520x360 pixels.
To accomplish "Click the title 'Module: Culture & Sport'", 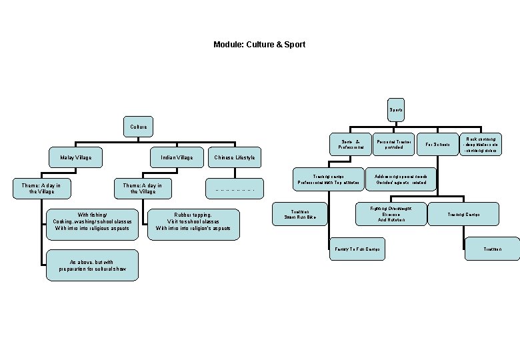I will pos(259,45).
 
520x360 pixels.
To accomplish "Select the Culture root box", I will pos(139,126).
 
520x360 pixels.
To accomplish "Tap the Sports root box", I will pos(395,110).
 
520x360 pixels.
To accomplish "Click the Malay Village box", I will pos(75,157).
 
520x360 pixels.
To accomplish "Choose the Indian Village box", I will pos(177,157).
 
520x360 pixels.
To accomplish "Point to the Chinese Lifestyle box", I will pos(235,157).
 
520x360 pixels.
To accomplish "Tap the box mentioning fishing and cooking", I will pos(93,221).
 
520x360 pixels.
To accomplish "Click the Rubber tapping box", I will pos(193,221).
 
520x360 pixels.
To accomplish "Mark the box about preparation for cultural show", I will pos(93,265).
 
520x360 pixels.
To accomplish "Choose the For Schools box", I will pos(437,144).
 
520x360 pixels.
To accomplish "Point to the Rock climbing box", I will pos(481,144).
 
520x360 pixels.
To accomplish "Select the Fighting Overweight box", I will pos(391,214).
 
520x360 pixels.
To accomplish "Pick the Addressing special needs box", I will pos(400,179).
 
